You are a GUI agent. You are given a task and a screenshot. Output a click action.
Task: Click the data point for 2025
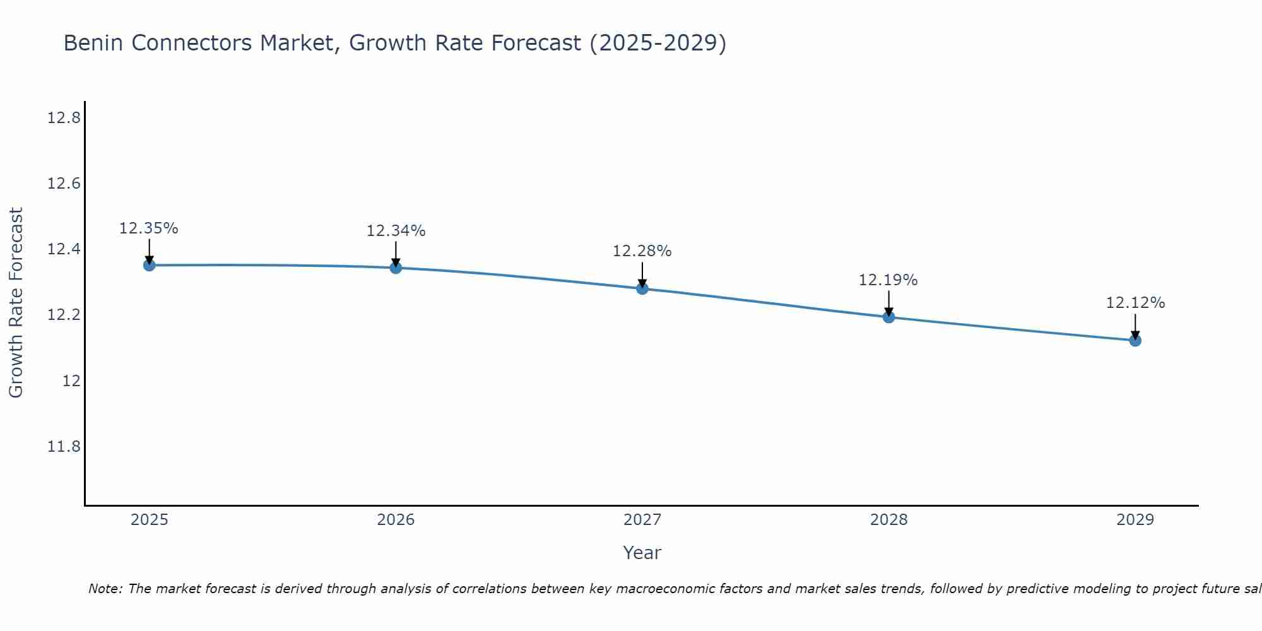(149, 265)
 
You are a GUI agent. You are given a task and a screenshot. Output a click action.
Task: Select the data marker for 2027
(642, 288)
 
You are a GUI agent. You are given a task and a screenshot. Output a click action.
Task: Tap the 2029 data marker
(1135, 341)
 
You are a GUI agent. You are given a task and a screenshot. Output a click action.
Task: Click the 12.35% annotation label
(149, 228)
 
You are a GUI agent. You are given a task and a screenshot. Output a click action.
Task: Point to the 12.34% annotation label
(396, 231)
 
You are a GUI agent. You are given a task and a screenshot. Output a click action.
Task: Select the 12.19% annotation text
(888, 280)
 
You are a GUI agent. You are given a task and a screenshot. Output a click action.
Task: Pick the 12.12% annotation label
(1135, 303)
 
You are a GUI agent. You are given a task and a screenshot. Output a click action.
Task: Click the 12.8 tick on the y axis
(64, 118)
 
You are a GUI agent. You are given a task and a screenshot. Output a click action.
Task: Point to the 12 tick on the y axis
(71, 380)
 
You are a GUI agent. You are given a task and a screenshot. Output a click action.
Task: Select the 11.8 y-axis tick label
(64, 447)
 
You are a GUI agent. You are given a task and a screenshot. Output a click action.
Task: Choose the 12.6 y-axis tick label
(64, 184)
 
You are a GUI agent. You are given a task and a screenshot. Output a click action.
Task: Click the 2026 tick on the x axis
(396, 520)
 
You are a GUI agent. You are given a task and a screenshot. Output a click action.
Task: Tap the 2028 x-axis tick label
(888, 520)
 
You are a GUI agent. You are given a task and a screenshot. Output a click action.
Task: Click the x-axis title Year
(642, 553)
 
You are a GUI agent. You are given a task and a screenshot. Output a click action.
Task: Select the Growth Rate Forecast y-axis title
(16, 303)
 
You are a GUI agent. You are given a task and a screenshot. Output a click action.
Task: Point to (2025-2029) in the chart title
(658, 44)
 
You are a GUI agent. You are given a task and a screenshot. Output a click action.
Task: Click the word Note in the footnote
(105, 589)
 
